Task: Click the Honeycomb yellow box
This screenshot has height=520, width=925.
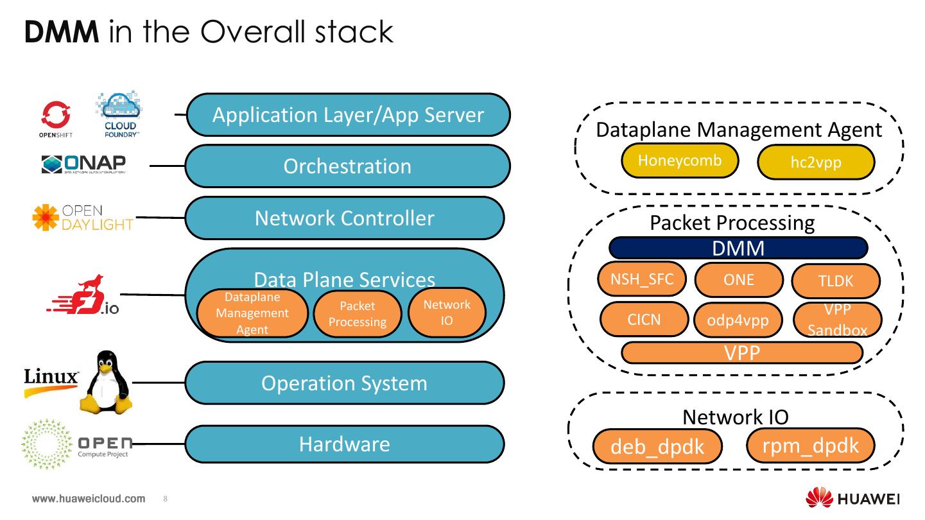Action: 680,161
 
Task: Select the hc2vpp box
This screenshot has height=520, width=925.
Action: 816,162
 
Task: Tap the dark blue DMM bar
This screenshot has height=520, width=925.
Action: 738,248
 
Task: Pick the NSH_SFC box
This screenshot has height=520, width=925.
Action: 642,279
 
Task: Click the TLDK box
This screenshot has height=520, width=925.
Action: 836,281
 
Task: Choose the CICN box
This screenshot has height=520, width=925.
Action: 644,319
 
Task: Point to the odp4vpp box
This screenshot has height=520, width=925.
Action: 738,320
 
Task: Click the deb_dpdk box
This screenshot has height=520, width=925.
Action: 657,446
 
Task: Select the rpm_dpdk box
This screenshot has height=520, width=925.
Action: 811,445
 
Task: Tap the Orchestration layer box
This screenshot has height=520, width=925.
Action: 347,166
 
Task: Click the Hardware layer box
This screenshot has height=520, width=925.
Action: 345,444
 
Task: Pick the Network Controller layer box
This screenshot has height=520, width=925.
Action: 345,218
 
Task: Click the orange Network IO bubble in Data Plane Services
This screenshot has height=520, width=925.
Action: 447,312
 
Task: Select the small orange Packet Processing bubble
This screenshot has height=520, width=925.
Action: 357,314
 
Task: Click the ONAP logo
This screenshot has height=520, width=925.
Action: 84,164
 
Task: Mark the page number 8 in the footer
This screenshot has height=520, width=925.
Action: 166,499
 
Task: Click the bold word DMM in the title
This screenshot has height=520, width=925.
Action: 62,31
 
